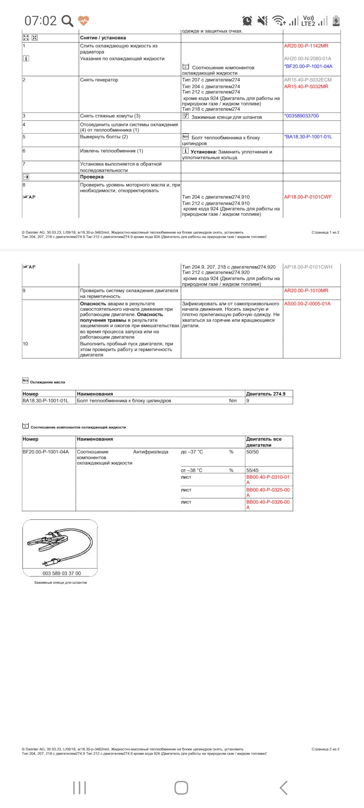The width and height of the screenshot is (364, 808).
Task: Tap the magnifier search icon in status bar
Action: pyautogui.click(x=67, y=21)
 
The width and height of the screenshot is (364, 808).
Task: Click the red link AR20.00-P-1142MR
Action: pyautogui.click(x=306, y=46)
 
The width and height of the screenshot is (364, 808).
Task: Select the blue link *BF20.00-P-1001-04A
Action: pyautogui.click(x=308, y=66)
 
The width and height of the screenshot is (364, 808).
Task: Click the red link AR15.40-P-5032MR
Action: pyautogui.click(x=306, y=86)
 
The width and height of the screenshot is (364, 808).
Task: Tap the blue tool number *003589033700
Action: pyautogui.click(x=301, y=116)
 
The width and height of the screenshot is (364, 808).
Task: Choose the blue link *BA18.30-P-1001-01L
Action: pyautogui.click(x=308, y=137)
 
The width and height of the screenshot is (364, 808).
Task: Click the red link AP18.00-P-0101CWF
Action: pyautogui.click(x=308, y=197)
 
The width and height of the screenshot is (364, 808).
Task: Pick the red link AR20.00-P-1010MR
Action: pyautogui.click(x=306, y=290)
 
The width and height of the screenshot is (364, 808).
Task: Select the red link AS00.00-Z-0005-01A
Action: pyautogui.click(x=307, y=303)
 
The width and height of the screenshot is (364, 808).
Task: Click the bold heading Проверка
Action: pyautogui.click(x=92, y=177)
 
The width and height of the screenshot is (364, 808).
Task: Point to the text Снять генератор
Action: pyautogui.click(x=99, y=80)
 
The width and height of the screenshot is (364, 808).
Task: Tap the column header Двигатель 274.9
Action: pyautogui.click(x=265, y=394)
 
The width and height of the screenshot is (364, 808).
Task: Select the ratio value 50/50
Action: pyautogui.click(x=252, y=452)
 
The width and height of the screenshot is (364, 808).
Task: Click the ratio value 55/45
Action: pyautogui.click(x=252, y=470)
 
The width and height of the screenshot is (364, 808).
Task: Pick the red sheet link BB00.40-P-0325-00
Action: pyautogui.click(x=268, y=490)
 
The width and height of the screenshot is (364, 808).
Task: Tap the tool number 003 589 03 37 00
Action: pyautogui.click(x=62, y=573)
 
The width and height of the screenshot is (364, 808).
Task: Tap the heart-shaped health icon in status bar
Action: pyautogui.click(x=83, y=20)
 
